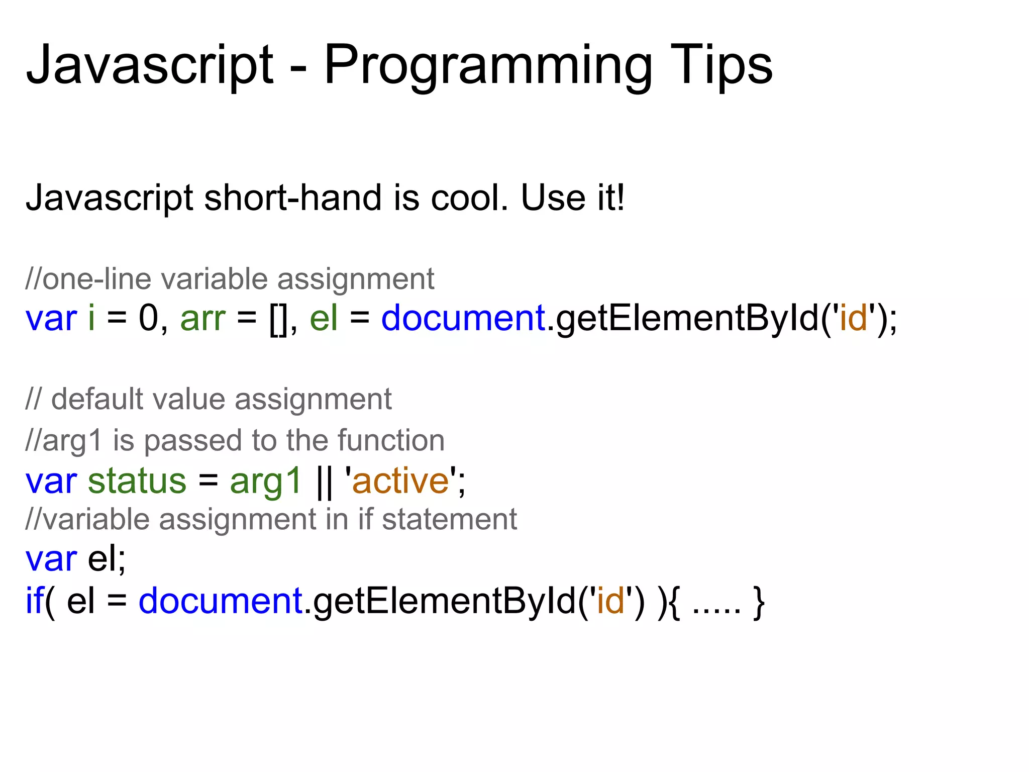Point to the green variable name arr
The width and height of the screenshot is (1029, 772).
(203, 319)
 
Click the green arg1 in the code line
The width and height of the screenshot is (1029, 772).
(265, 481)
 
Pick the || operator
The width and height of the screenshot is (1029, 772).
(325, 481)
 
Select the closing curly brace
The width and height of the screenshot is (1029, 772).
(759, 602)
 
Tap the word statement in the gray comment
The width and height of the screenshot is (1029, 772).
(449, 519)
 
